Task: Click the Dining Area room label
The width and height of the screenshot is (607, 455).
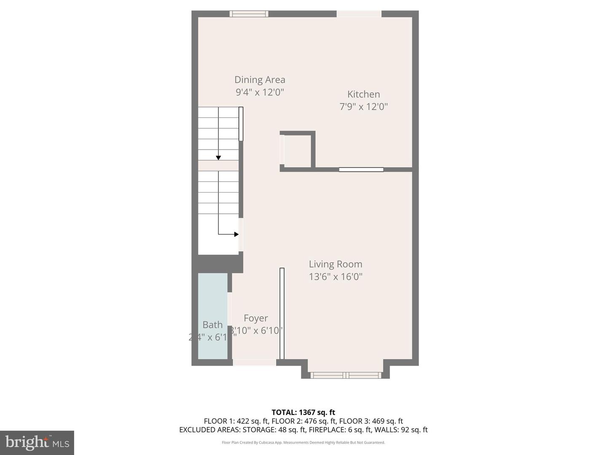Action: coord(260,80)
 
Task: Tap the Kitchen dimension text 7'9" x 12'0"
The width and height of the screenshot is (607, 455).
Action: coord(363,107)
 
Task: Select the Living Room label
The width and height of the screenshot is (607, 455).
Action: coord(336,264)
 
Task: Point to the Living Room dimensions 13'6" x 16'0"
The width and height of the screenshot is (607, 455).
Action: coord(336,277)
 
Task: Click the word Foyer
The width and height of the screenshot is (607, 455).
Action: coord(256,318)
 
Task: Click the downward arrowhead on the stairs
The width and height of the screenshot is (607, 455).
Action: coord(218,158)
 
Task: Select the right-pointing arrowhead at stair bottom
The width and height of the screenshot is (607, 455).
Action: coord(236,234)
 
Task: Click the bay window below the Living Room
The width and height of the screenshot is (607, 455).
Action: coord(346,375)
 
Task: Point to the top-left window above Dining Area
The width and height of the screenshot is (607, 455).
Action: coord(249,14)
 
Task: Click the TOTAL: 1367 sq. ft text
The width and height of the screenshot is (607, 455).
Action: coord(303,412)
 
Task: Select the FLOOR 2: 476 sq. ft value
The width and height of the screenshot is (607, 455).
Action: coord(303,421)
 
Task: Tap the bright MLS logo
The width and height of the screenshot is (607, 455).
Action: coord(37,442)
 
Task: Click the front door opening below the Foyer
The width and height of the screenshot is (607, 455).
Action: coord(255,362)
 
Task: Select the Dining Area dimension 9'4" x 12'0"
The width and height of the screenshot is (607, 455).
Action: coord(260,92)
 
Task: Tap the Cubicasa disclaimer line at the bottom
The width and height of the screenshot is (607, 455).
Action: coord(303,442)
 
